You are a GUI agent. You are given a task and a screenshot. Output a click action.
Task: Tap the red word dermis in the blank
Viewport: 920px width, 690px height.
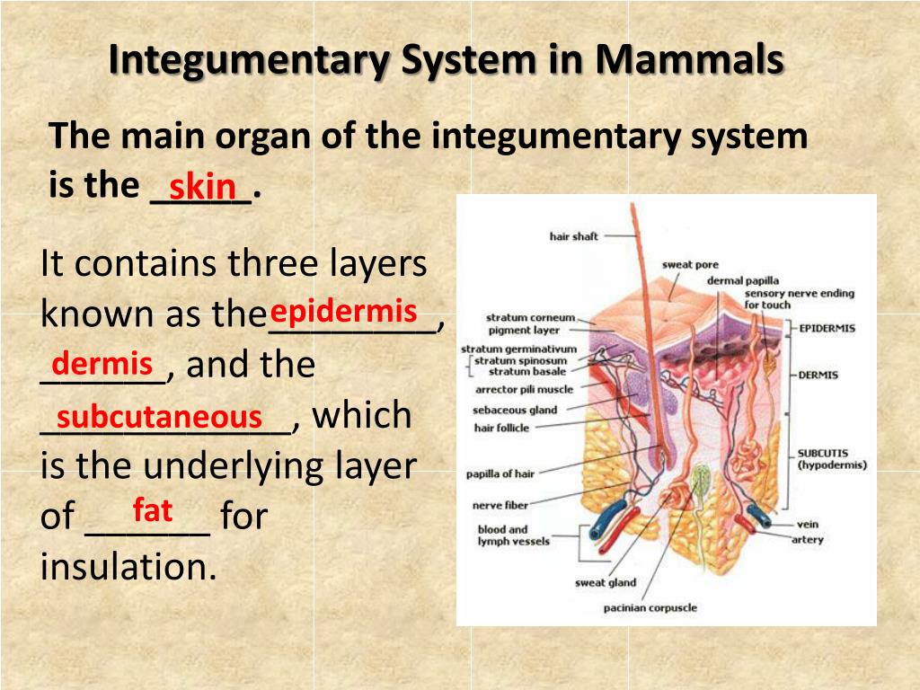click(102, 364)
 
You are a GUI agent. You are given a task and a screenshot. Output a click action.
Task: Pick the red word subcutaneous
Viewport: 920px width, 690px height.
click(159, 417)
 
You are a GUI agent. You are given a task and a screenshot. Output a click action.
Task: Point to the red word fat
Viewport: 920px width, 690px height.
click(152, 510)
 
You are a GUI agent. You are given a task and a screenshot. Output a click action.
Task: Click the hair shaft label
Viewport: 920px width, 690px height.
click(573, 236)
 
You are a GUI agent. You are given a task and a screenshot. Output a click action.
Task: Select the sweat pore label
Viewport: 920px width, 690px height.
click(690, 265)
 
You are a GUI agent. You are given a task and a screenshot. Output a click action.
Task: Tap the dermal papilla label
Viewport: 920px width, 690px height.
click(743, 281)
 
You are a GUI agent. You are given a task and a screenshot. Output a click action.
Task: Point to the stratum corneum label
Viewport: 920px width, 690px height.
click(530, 317)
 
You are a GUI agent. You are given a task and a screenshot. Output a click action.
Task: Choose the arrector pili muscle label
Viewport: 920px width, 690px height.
click(524, 390)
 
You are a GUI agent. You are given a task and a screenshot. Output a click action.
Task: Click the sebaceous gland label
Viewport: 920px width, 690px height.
click(516, 410)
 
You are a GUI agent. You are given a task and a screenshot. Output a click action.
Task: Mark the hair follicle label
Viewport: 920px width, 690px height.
click(501, 428)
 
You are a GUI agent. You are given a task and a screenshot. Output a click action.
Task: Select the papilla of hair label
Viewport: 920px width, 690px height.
click(500, 474)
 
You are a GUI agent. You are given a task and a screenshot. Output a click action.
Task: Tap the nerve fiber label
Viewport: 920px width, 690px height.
click(500, 506)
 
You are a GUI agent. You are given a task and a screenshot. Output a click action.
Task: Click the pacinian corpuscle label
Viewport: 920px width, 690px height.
click(650, 608)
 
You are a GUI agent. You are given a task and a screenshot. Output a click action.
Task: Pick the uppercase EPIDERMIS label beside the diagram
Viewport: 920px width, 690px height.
click(827, 329)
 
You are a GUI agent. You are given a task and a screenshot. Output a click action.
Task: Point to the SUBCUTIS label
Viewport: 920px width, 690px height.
click(822, 454)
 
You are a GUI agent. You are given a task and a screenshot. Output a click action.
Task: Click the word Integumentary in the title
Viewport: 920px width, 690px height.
click(249, 61)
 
